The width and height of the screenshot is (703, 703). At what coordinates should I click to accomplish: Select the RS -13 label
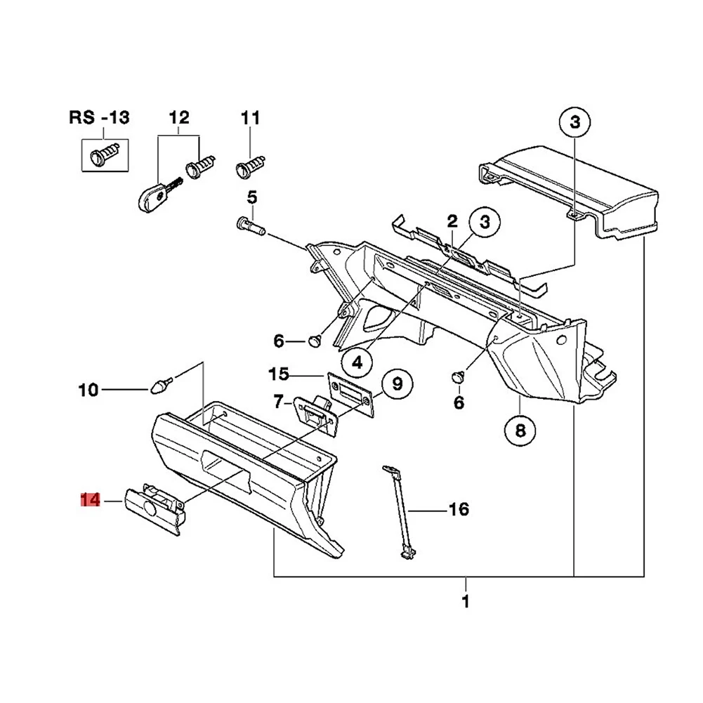(99, 117)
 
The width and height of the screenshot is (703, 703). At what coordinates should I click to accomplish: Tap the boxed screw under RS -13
(104, 154)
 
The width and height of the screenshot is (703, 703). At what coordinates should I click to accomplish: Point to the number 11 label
(250, 117)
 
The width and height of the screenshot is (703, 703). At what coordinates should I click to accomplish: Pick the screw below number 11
(250, 168)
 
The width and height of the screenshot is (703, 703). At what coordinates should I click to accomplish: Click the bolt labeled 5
(247, 225)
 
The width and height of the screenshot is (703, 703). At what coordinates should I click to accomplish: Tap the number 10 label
(88, 389)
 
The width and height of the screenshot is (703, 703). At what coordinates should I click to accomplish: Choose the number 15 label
(278, 372)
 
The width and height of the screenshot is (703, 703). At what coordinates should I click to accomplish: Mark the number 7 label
(278, 402)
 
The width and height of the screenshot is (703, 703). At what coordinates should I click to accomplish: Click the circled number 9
(397, 383)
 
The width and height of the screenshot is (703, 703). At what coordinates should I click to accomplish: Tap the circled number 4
(357, 362)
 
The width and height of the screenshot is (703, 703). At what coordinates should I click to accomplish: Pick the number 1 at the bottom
(465, 602)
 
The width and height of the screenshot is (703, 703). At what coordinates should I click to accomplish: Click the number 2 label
(452, 222)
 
